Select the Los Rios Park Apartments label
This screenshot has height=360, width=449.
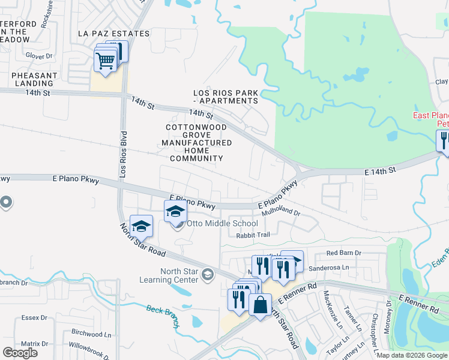point(225,97)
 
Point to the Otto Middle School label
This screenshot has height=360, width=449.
point(222,224)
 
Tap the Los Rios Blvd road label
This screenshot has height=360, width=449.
point(123,154)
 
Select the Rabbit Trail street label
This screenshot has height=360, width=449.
point(253,235)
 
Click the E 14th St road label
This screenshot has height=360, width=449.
point(381,172)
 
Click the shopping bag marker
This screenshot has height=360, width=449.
point(260,304)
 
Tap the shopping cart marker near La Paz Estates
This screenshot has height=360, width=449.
point(105,60)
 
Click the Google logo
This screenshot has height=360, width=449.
point(20,353)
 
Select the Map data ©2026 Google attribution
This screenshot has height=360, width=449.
point(412,355)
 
